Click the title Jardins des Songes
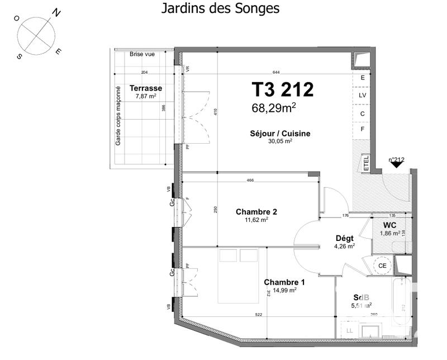[x=220, y=9]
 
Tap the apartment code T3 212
[x=282, y=89]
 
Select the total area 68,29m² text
[x=281, y=108]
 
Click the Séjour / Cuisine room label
[x=280, y=134]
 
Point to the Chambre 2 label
[x=256, y=212]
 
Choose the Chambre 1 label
[x=284, y=282]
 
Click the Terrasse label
[x=145, y=88]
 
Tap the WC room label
[x=389, y=225]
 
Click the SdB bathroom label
[x=360, y=297]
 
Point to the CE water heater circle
[x=383, y=266]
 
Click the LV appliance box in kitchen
[x=362, y=96]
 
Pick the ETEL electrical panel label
[x=367, y=163]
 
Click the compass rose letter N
[x=56, y=12]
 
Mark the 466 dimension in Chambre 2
[x=251, y=180]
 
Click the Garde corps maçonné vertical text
[x=118, y=116]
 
